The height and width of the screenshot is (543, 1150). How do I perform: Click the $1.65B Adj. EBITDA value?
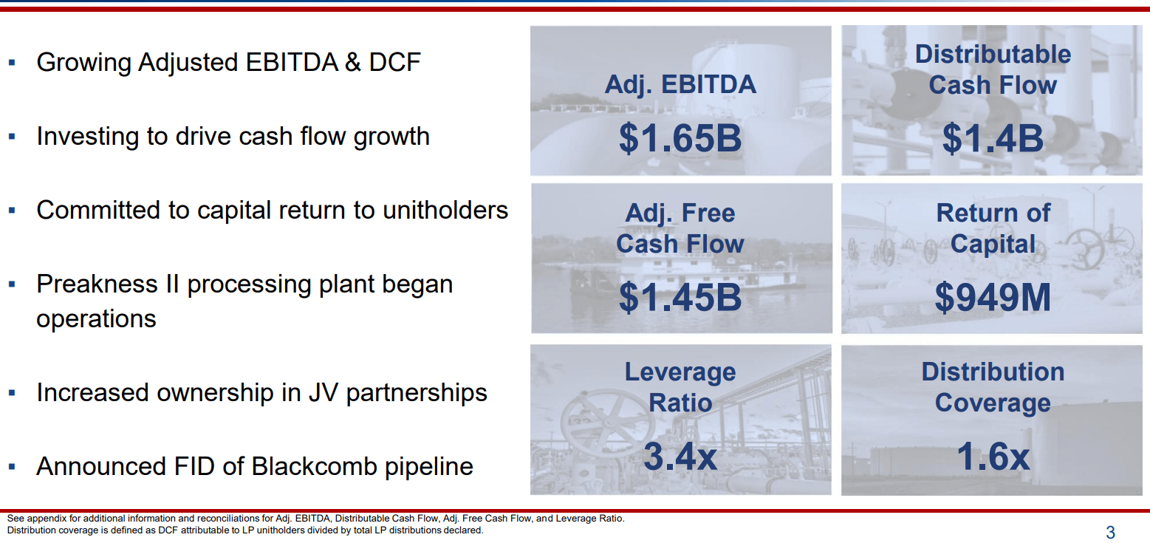click(x=680, y=138)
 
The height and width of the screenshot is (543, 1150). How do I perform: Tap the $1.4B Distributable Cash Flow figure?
click(x=993, y=138)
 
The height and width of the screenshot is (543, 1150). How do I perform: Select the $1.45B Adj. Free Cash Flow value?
click(x=680, y=298)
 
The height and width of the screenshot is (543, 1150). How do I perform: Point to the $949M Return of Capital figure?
click(x=993, y=298)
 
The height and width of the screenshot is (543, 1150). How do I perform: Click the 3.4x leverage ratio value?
click(x=680, y=456)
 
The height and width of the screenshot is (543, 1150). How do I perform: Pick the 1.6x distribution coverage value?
click(x=993, y=456)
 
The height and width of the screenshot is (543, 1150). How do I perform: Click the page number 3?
click(x=1110, y=532)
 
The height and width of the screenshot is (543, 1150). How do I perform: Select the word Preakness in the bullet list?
click(x=97, y=284)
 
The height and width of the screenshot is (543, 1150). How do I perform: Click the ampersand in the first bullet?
click(x=353, y=63)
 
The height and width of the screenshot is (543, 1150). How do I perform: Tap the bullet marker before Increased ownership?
click(x=12, y=393)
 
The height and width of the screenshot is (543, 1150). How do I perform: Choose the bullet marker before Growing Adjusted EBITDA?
click(x=12, y=63)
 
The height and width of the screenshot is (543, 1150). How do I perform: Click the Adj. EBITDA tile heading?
click(x=680, y=85)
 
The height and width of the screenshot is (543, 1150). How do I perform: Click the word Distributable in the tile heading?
click(x=993, y=55)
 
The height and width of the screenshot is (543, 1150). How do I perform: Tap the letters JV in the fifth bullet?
click(x=324, y=393)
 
